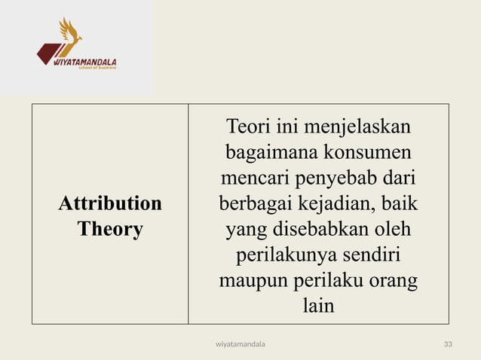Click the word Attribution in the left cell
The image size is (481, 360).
(110, 204)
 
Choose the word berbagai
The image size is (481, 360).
(254, 204)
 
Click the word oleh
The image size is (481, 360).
(394, 230)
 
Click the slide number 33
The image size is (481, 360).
(448, 344)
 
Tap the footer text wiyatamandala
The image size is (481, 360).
(240, 344)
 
